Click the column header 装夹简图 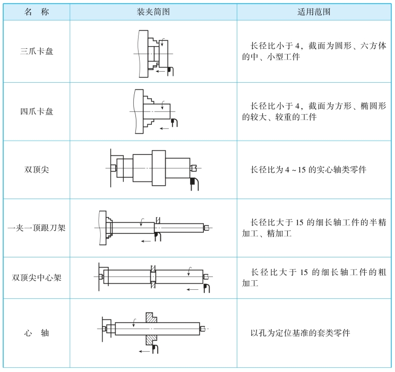tap(153, 12)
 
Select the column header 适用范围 tap(314, 12)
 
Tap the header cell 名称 tap(37, 12)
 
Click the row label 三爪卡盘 tap(37, 51)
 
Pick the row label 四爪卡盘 tap(37, 111)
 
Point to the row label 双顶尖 tap(37, 169)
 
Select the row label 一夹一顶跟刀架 tap(37, 228)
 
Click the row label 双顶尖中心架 tap(37, 278)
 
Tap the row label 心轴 tap(37, 333)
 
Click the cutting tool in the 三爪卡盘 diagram tap(170, 71)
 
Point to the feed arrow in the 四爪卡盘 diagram tap(164, 128)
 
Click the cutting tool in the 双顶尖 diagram tap(194, 184)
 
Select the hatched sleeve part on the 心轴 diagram tap(151, 329)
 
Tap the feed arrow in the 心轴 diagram tap(144, 351)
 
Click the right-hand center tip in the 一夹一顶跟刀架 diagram tap(207, 228)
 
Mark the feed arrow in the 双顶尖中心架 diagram tap(193, 289)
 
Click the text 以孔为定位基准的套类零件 tap(300, 333)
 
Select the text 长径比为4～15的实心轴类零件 tap(308, 169)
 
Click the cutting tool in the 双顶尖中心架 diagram tap(207, 288)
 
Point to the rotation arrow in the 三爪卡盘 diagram tap(163, 42)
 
